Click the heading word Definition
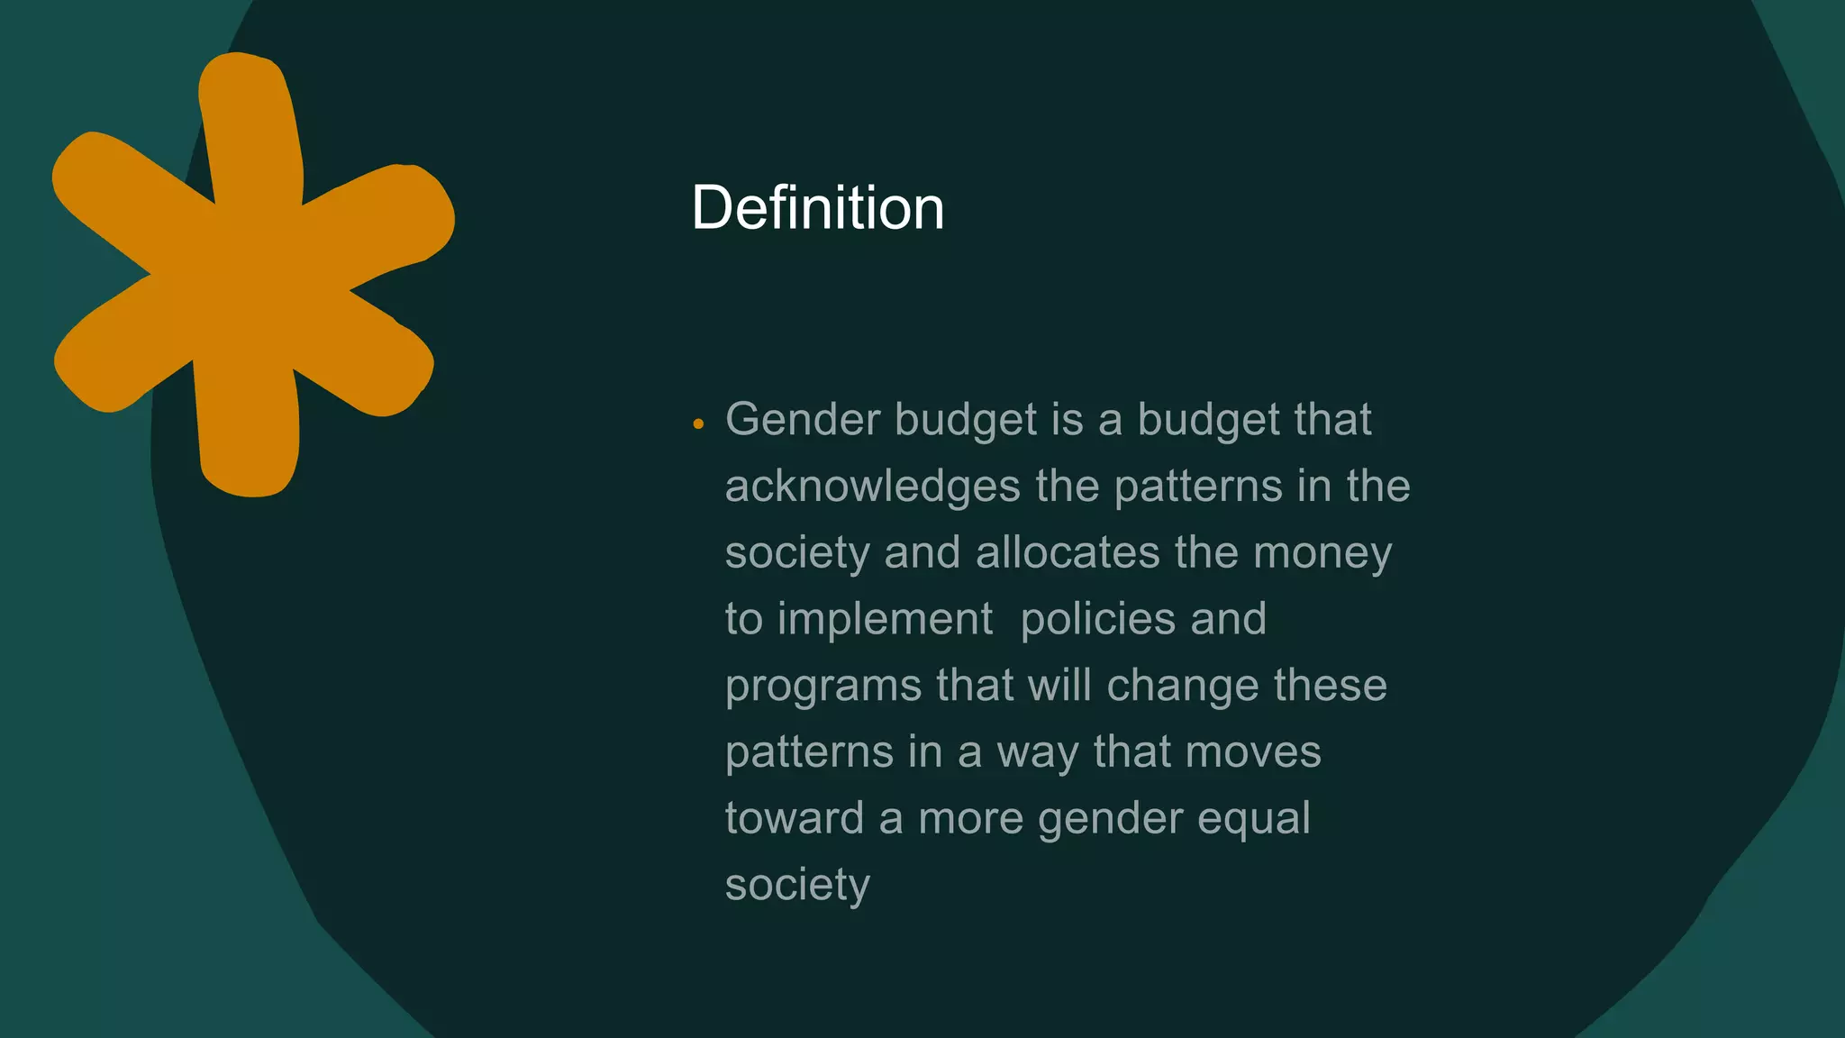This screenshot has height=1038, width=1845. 817,208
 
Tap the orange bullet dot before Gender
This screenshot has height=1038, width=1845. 698,423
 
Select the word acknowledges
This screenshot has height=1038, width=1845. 873,487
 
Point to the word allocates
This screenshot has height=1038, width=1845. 1068,552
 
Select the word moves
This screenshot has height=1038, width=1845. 1252,752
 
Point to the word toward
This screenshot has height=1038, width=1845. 795,819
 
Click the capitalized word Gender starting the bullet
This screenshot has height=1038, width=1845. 803,420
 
